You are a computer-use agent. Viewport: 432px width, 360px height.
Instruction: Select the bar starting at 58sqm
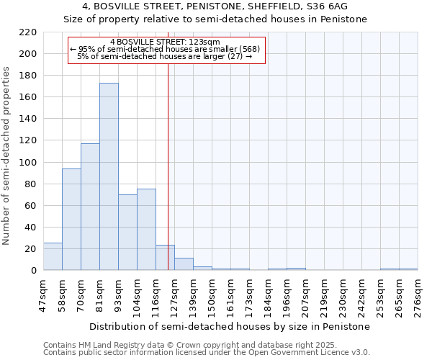click(71, 220)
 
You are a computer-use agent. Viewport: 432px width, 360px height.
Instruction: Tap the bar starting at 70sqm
click(90, 207)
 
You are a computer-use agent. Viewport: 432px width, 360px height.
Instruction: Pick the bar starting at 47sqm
click(53, 256)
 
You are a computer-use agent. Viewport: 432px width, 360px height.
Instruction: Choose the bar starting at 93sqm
click(127, 233)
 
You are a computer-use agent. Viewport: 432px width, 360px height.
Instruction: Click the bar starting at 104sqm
click(146, 230)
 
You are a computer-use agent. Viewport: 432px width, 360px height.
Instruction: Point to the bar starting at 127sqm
click(184, 264)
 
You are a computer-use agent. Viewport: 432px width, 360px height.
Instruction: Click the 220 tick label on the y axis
click(28, 32)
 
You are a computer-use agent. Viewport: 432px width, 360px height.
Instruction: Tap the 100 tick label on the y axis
click(28, 163)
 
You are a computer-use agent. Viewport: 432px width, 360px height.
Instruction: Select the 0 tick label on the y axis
click(34, 271)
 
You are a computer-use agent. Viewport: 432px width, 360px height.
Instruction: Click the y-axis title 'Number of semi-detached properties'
click(7, 156)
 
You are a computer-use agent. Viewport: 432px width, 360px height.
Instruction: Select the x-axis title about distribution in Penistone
click(230, 326)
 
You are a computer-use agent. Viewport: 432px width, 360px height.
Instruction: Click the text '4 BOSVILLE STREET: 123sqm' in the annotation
click(165, 42)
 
